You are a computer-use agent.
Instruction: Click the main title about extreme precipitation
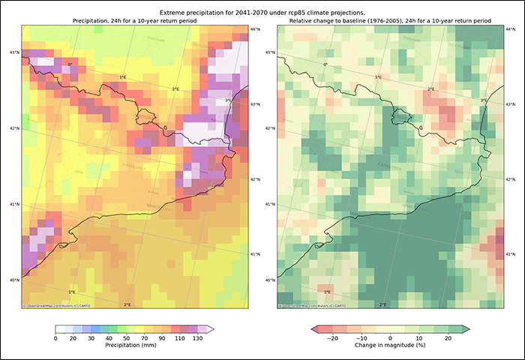262,13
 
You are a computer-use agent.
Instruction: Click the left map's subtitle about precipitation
135,21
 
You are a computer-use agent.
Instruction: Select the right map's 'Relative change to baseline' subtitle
391,21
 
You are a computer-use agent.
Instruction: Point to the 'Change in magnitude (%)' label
391,347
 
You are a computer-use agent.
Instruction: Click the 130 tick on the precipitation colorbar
197,338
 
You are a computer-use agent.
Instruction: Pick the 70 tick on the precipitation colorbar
127,338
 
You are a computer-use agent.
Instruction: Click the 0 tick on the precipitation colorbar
56,338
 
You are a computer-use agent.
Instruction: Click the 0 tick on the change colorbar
390,338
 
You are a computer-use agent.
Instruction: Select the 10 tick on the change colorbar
420,338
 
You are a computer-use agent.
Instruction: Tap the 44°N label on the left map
255,29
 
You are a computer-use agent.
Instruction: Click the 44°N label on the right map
510,29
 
